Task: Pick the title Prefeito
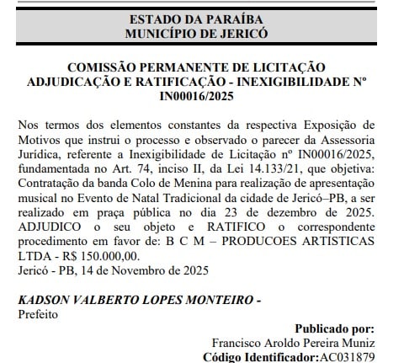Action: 36,312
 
